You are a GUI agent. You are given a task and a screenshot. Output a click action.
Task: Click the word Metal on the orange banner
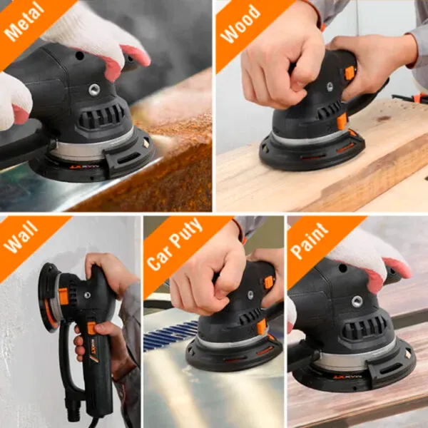pyautogui.click(x=24, y=21)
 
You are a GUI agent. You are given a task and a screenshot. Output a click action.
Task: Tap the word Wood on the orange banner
pyautogui.click(x=240, y=24)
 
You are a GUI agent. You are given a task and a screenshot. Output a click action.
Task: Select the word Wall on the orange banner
pyautogui.click(x=21, y=237)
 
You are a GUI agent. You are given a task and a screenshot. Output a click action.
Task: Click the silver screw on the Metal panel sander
pyautogui.click(x=94, y=90)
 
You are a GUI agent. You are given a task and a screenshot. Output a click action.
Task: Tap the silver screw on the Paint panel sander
pyautogui.click(x=357, y=301)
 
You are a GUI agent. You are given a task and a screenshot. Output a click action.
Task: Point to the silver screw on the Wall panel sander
pyautogui.click(x=87, y=295)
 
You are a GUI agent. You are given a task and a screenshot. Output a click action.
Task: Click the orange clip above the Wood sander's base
pyautogui.click(x=342, y=121)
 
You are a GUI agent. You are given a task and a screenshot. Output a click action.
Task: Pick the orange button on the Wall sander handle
pyautogui.click(x=92, y=327)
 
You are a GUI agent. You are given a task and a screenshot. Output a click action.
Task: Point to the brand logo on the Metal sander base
pyautogui.click(x=83, y=166)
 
